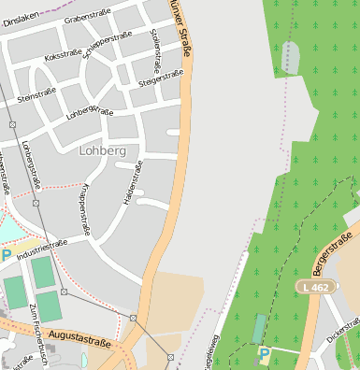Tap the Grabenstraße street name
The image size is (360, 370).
(x=88, y=12)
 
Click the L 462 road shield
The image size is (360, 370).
(x=315, y=285)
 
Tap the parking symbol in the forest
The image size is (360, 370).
(x=265, y=353)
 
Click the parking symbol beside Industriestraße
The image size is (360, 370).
(x=6, y=254)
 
